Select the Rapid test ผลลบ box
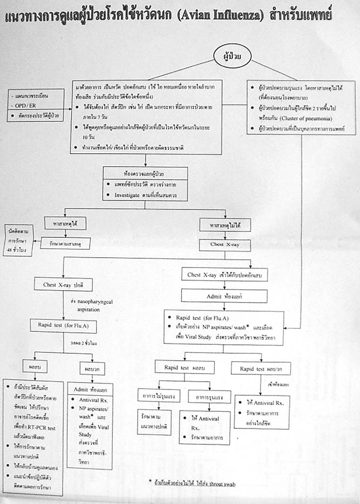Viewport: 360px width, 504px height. [184, 368]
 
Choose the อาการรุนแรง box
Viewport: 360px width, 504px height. [205, 397]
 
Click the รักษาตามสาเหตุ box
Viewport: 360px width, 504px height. [64, 244]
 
